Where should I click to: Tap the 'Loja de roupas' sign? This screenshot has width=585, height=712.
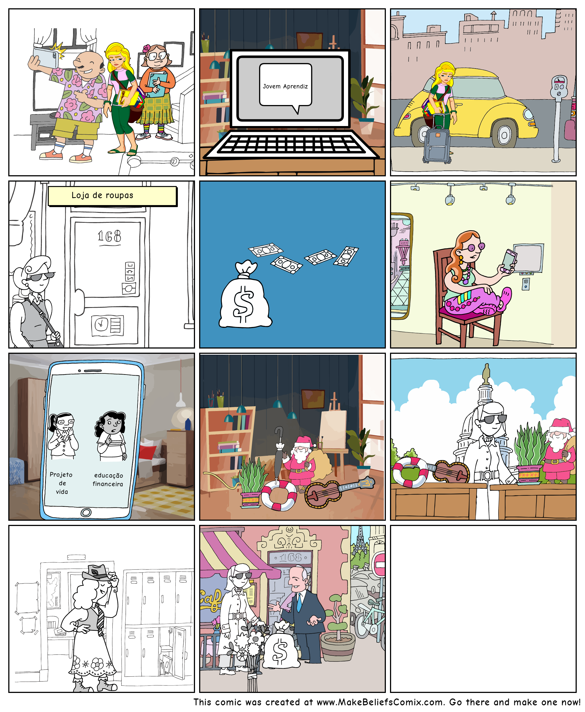[112, 196]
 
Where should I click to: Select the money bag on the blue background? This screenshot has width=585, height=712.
[245, 294]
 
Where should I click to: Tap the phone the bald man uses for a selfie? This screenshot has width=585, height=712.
[46, 57]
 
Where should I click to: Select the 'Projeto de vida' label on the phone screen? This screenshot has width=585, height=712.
[61, 483]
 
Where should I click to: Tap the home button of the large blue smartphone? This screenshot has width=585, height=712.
[86, 513]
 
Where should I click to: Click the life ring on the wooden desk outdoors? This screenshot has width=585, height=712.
[410, 472]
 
